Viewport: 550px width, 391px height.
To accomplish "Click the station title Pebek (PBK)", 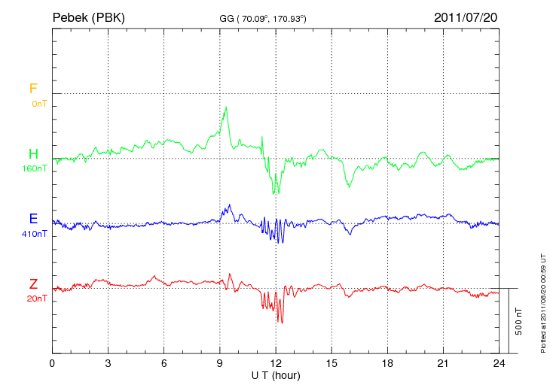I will coord(88,17).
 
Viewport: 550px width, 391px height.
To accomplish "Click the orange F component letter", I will coord(32,89).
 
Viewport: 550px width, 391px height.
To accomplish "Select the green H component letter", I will coord(33,154).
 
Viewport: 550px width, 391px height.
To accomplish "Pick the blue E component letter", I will coord(33,219).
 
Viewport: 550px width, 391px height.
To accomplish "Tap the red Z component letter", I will coord(33,283).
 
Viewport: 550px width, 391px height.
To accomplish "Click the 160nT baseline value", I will coord(35,168).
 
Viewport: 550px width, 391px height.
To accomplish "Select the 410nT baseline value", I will coord(35,233).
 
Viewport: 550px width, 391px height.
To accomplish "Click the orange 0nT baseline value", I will coord(38,103).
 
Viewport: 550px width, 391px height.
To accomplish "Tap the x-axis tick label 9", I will coord(220,363).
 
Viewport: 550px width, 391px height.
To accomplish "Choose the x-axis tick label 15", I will coord(332,363).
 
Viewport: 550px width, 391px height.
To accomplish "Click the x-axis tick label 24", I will coord(499,363).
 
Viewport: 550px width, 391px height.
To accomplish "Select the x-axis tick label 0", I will coord(53,363).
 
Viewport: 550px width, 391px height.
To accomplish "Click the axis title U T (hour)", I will coord(276,374).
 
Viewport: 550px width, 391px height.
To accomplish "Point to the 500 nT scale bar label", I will coord(518,321).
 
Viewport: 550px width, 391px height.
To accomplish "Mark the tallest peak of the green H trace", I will coord(225,108).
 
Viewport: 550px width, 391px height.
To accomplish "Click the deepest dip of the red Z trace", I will coord(280,323).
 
